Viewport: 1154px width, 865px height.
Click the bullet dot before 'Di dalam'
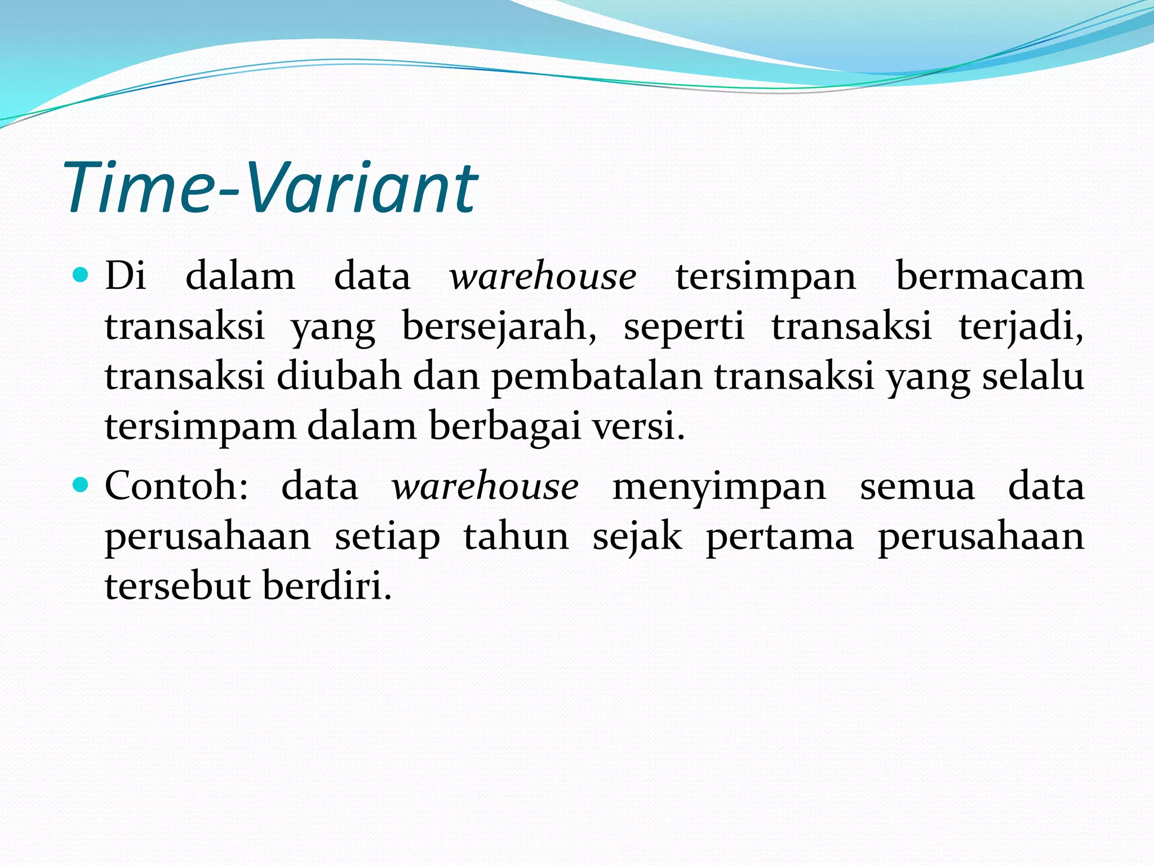[81, 275]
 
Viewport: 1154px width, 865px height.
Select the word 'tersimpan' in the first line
[765, 277]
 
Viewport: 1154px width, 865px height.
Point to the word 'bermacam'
[989, 277]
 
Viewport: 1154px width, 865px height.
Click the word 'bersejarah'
[498, 327]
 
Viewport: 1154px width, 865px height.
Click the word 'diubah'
[339, 376]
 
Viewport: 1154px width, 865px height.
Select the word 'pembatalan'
[597, 376]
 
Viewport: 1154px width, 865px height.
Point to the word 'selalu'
[1033, 376]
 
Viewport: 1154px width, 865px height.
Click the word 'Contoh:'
[176, 486]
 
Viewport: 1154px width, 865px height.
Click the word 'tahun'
[516, 536]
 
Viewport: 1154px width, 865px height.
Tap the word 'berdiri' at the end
[326, 586]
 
